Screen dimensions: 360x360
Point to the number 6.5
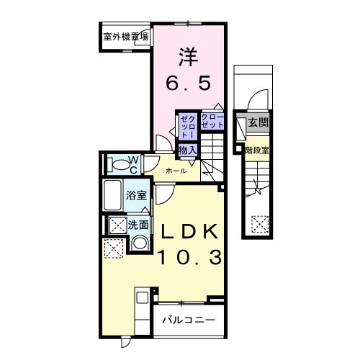click(189, 84)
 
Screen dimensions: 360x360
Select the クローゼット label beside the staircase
click(212, 121)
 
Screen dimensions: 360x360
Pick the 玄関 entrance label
click(257, 123)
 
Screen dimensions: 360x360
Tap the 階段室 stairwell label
click(256, 150)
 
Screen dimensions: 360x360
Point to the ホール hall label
click(176, 171)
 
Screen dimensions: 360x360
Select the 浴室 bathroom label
click(136, 194)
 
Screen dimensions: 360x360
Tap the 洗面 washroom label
click(138, 225)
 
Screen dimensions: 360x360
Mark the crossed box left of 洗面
click(116, 225)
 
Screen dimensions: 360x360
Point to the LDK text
click(188, 232)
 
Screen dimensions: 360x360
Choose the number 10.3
click(188, 257)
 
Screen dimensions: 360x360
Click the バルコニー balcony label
click(187, 319)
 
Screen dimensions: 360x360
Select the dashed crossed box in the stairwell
click(258, 225)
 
